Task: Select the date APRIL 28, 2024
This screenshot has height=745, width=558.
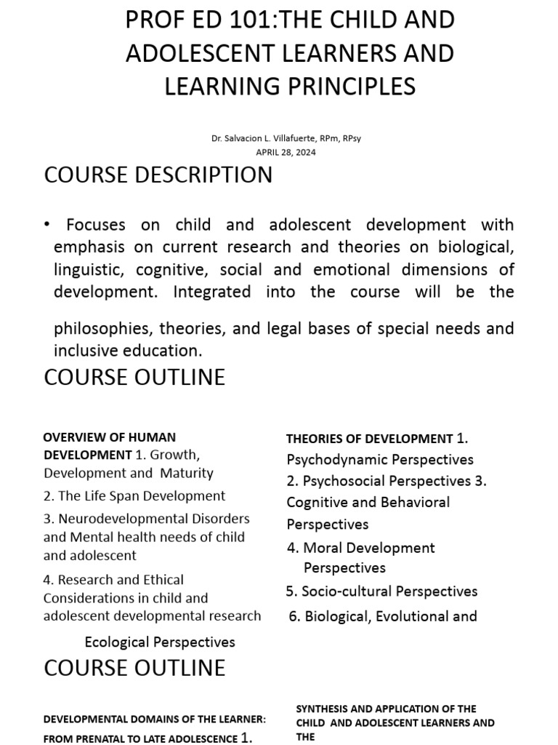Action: click(x=286, y=152)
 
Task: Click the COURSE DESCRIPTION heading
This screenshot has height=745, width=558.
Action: click(x=158, y=175)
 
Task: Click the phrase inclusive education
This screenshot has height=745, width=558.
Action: click(x=126, y=351)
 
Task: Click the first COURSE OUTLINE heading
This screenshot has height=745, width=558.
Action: click(x=134, y=378)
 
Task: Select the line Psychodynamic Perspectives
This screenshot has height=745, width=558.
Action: click(x=380, y=460)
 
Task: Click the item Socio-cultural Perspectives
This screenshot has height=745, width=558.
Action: click(x=389, y=591)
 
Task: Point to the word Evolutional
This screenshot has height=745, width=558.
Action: click(x=408, y=616)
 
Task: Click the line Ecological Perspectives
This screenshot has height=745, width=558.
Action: click(x=160, y=642)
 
